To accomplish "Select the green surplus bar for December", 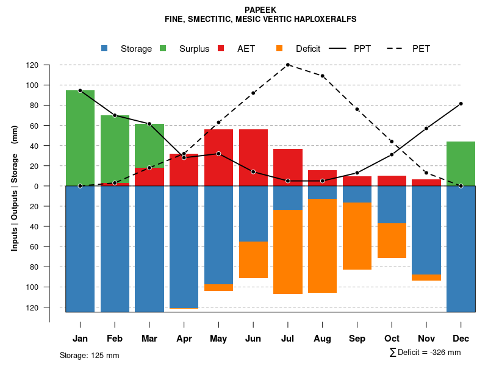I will (x=461, y=163).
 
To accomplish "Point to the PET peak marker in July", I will (x=287, y=65).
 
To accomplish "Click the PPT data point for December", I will (x=461, y=104).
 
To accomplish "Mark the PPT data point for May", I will (x=218, y=154).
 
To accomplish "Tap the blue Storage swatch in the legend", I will (x=106, y=49).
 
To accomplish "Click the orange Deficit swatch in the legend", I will (x=280, y=49).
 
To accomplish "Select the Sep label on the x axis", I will (x=357, y=339).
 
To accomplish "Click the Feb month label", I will (x=115, y=339).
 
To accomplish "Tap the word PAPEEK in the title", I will (x=260, y=10).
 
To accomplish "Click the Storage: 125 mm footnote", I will (x=89, y=355).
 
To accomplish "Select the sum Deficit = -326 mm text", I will (x=425, y=353).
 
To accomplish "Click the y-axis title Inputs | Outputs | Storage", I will (x=15, y=186).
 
